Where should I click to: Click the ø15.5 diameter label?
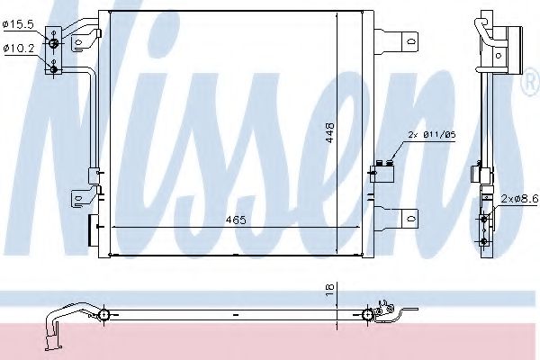(x=18, y=24)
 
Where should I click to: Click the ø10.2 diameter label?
(x=19, y=49)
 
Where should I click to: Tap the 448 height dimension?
(x=330, y=132)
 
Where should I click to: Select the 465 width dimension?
(x=236, y=220)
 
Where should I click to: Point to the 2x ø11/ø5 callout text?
(x=431, y=135)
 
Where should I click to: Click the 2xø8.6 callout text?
(x=519, y=198)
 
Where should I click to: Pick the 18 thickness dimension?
(x=330, y=289)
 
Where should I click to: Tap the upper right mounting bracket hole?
(x=411, y=42)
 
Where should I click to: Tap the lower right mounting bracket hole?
(x=411, y=219)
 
